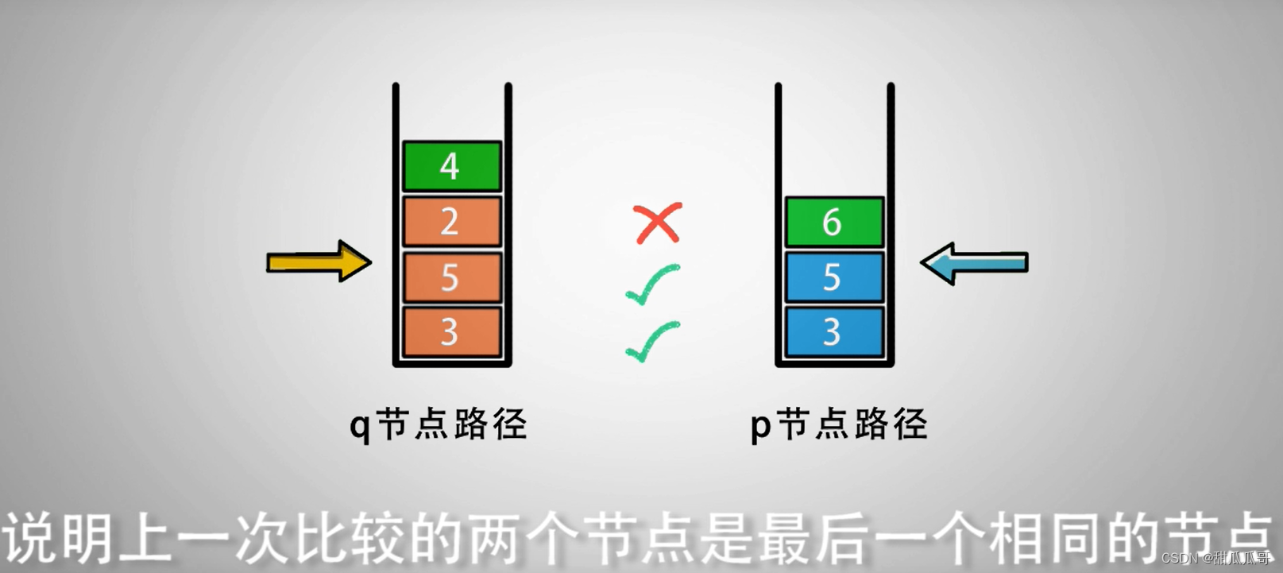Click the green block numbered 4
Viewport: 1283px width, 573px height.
pos(451,166)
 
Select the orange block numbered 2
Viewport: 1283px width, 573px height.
pos(451,221)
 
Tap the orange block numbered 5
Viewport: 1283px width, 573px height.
pos(451,277)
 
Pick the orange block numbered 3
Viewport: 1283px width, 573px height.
pos(451,331)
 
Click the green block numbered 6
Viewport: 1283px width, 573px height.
pos(833,222)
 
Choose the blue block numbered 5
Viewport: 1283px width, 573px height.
pos(833,277)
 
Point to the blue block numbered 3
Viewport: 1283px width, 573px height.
pos(833,331)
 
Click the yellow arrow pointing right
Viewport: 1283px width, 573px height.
pos(319,261)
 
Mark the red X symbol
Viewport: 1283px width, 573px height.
pos(658,223)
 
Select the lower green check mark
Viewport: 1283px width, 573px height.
pos(653,341)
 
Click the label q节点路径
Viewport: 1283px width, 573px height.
pos(439,424)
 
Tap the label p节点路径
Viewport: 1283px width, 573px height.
pos(839,424)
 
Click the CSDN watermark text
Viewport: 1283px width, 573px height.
pos(1215,558)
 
